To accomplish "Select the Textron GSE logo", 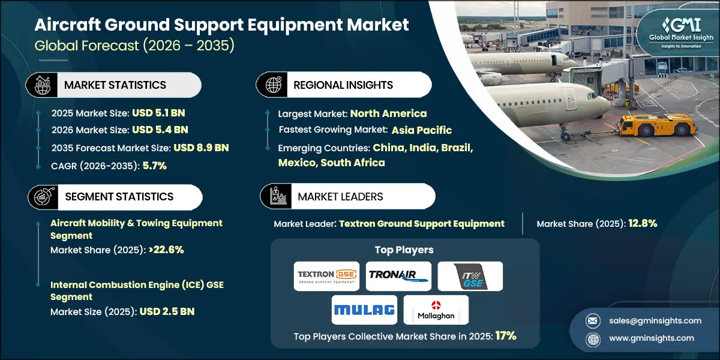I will tap(326, 276).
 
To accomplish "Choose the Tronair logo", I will tap(398, 276).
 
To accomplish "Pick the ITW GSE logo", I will tap(470, 276).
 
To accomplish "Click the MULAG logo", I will tap(364, 310).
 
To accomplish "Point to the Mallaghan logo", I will tap(436, 310).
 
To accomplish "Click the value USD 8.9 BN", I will tap(201, 148).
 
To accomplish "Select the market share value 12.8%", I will tap(643, 224).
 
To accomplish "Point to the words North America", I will tap(388, 113).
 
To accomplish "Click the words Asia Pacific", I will tap(422, 130).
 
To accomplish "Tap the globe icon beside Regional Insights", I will tap(273, 85).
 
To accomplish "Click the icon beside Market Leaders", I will tap(277, 196).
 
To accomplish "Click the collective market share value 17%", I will tap(506, 336).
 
